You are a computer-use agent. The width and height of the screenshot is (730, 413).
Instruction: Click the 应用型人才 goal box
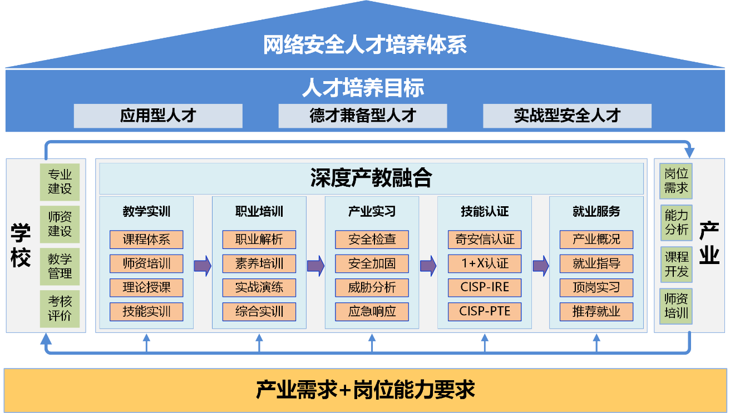(x=158, y=116)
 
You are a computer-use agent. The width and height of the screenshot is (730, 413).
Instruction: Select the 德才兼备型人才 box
(x=362, y=116)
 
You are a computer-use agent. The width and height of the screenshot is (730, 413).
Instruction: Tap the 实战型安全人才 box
(x=567, y=116)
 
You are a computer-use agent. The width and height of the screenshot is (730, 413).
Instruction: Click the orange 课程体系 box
(x=146, y=240)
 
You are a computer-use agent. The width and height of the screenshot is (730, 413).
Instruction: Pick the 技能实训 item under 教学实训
(x=146, y=312)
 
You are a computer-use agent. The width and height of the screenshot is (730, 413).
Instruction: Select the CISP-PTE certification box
(x=485, y=312)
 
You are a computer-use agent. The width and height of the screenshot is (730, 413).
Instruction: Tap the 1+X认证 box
(x=485, y=263)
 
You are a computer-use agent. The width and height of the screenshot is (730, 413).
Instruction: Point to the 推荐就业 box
(x=596, y=312)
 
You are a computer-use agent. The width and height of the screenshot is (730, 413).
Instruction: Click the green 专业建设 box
(x=60, y=182)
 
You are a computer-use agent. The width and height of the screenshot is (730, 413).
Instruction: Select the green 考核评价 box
(x=60, y=309)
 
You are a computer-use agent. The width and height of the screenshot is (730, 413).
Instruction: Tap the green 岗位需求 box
(x=676, y=181)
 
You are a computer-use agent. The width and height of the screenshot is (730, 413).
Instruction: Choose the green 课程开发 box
(x=676, y=265)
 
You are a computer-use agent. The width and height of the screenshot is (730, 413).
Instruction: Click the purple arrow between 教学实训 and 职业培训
(x=203, y=266)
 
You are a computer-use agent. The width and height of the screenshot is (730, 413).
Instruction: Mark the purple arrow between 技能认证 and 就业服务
(x=541, y=266)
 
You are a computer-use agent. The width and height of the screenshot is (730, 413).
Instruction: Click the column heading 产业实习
(x=372, y=212)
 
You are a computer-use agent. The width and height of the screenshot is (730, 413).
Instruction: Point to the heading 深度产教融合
(x=371, y=178)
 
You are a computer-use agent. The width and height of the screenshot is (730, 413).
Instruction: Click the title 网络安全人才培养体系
(x=365, y=45)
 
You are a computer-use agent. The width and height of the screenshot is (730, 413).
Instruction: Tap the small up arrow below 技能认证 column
(x=485, y=343)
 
